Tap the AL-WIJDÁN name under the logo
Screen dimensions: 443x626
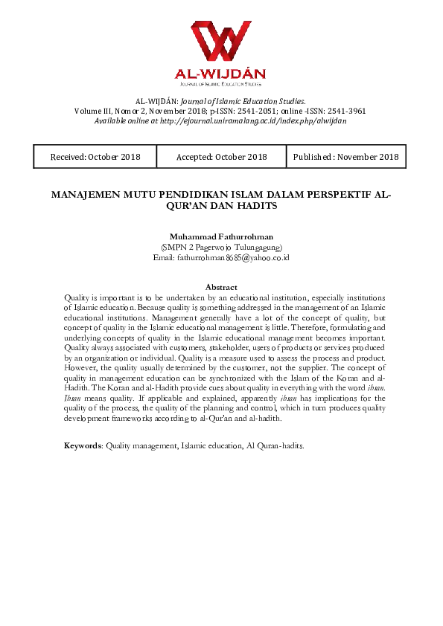220,76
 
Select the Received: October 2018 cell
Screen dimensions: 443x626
95,157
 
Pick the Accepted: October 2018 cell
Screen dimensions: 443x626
221,157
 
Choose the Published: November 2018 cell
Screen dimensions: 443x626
345,157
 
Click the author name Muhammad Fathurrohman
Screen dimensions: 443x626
220,236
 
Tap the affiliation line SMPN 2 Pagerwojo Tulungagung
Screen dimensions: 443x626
221,247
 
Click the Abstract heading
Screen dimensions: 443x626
220,287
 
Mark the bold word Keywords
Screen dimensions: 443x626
82,445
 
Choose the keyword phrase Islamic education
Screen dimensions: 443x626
208,445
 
